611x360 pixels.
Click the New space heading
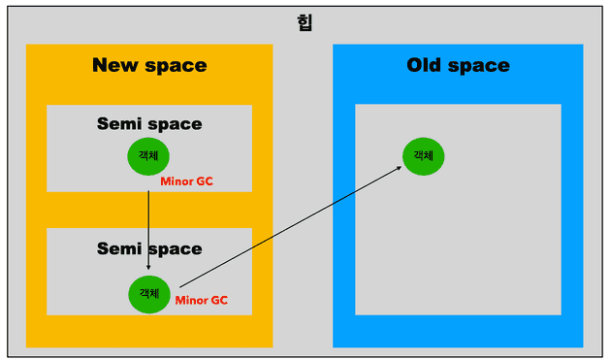click(x=149, y=65)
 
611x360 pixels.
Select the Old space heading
click(x=458, y=65)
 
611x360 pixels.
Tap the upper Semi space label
click(x=149, y=123)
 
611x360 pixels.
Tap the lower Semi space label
click(x=149, y=248)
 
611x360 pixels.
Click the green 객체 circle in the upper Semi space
click(x=148, y=156)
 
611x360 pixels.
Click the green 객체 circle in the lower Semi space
click(x=149, y=294)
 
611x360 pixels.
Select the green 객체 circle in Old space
click(x=424, y=156)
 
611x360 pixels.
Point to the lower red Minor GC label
click(x=202, y=301)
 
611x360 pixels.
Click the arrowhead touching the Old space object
click(x=398, y=169)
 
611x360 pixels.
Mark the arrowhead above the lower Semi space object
click(x=148, y=266)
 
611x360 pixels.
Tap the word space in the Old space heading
click(x=480, y=66)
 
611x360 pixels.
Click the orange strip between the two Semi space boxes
click(x=149, y=210)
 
